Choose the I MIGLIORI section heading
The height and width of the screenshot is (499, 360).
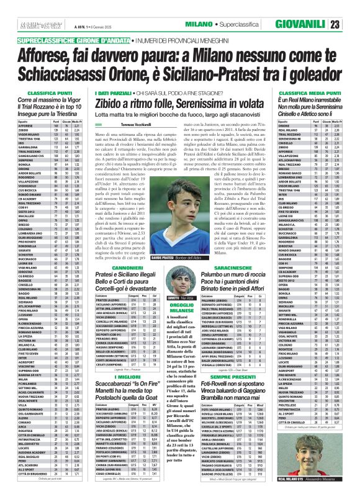[129, 358]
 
